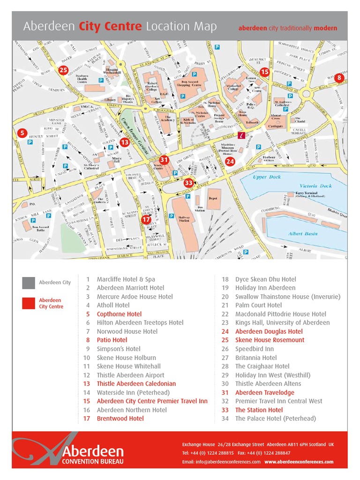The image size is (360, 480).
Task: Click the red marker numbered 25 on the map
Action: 63,70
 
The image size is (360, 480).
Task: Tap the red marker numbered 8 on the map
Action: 339,77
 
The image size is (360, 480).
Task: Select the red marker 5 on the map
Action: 22,133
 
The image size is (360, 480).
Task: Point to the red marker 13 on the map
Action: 124,142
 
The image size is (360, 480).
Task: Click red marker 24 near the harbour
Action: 230,162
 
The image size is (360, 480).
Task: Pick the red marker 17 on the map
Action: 146,219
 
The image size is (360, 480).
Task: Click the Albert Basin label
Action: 303,233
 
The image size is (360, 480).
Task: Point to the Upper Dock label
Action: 267,177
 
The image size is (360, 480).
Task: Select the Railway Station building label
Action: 184,218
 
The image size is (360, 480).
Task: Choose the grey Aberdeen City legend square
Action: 28,283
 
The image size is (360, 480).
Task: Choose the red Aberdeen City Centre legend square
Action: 28,303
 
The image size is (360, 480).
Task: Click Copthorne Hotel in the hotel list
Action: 119,314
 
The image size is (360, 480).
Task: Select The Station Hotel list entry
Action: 259,410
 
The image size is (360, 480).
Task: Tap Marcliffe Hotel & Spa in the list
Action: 126,279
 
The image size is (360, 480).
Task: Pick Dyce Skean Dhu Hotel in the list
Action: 265,279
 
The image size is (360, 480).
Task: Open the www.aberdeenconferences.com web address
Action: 299,462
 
